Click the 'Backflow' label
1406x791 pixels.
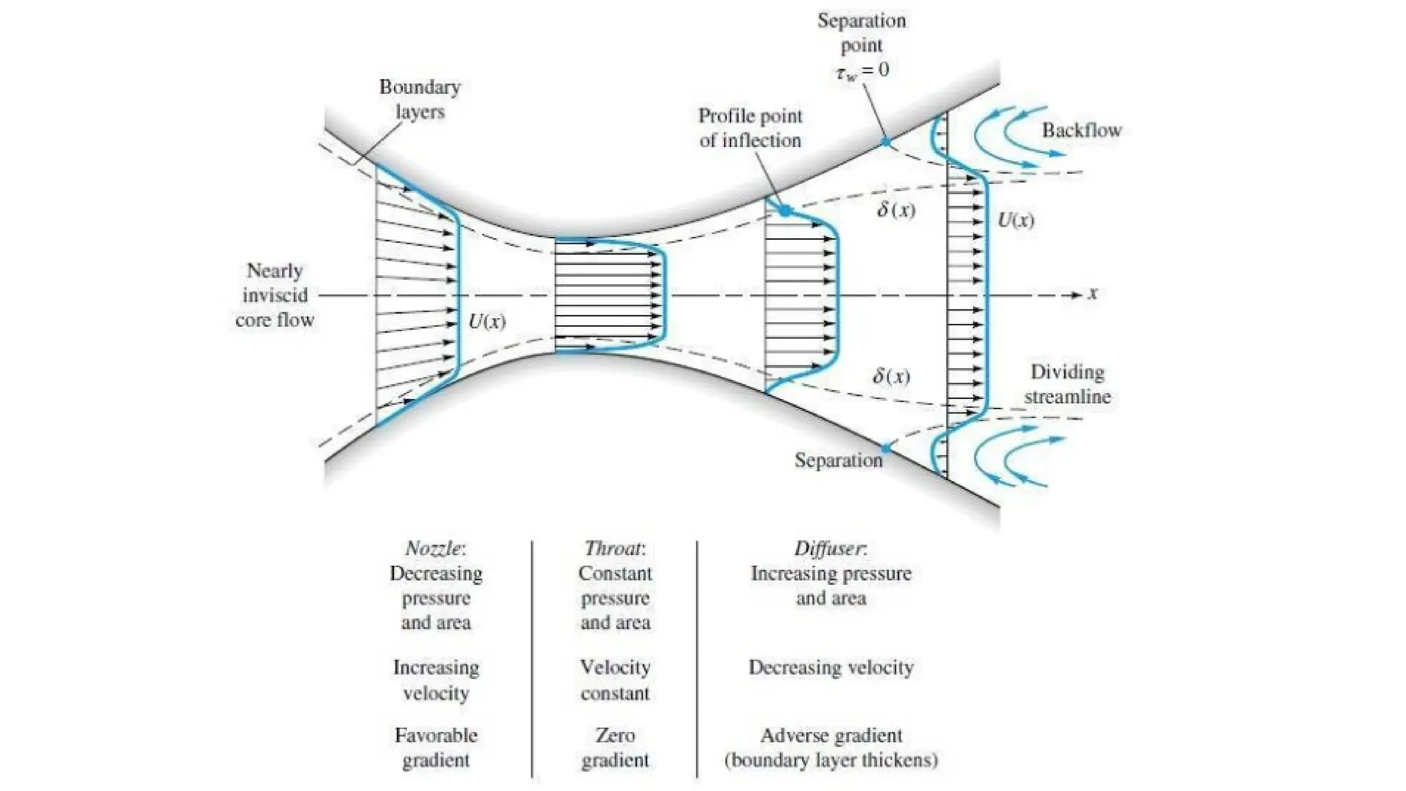pyautogui.click(x=1081, y=130)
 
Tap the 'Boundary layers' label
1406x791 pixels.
pyautogui.click(x=419, y=99)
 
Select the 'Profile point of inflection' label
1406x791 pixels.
pyautogui.click(x=750, y=128)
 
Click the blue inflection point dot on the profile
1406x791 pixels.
pyautogui.click(x=785, y=211)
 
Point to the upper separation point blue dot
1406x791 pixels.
pyautogui.click(x=886, y=142)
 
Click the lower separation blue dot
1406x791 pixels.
pyautogui.click(x=886, y=448)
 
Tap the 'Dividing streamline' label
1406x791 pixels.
pyautogui.click(x=1067, y=384)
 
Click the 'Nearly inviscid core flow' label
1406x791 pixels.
pyautogui.click(x=275, y=295)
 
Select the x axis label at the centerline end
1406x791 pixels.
pyautogui.click(x=1092, y=294)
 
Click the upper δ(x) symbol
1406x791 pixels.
pyautogui.click(x=896, y=209)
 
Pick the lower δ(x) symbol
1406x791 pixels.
pyautogui.click(x=891, y=376)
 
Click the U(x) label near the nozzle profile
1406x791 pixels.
pyautogui.click(x=487, y=321)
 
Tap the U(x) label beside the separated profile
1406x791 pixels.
pyautogui.click(x=1015, y=220)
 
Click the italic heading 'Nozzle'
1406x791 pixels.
pyautogui.click(x=435, y=549)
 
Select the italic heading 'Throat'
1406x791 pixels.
pyautogui.click(x=614, y=549)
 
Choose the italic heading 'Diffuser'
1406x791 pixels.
pyautogui.click(x=829, y=549)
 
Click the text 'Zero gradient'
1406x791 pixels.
pyautogui.click(x=614, y=748)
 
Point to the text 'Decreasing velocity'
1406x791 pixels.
pyautogui.click(x=831, y=667)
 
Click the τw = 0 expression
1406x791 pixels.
pyautogui.click(x=862, y=70)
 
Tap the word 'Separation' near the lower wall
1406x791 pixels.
pyautogui.click(x=838, y=460)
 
